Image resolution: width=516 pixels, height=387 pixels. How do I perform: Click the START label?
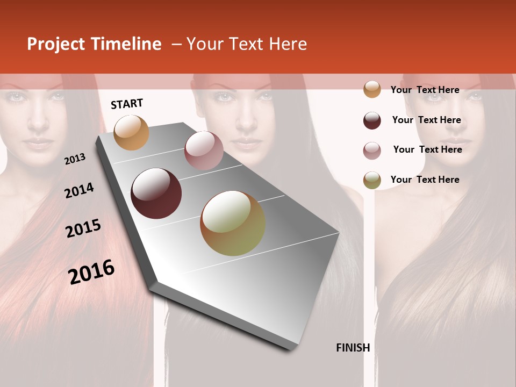127,104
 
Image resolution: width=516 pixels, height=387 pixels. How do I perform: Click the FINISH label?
353,348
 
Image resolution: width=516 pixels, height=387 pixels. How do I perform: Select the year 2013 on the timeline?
75,159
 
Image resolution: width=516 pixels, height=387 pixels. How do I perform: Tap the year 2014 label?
79,190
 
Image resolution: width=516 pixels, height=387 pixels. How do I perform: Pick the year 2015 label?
83,228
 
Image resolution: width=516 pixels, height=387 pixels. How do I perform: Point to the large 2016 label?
91,271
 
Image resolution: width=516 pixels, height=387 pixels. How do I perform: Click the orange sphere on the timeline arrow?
132,132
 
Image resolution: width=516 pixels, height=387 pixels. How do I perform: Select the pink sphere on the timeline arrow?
204,150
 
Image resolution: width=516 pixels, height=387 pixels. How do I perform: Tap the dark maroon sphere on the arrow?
156,193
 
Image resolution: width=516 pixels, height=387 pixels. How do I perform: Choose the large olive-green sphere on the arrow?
233,223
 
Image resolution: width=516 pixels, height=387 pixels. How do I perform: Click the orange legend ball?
372,90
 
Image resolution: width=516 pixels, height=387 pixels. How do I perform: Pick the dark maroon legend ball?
372,120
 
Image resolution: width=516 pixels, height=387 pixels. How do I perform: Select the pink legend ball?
372,150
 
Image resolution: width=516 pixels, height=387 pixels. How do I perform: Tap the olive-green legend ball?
372,180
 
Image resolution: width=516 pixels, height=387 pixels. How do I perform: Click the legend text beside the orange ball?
425,90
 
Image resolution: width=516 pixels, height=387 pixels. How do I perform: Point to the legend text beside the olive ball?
425,180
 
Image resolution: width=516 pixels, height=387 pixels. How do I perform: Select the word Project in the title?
56,44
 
